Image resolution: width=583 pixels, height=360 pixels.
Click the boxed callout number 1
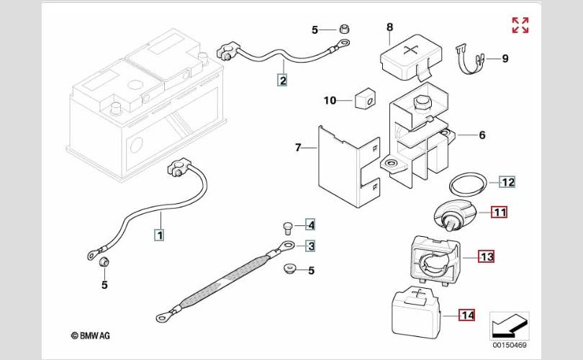[160, 235]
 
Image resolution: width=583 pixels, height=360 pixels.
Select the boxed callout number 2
[283, 81]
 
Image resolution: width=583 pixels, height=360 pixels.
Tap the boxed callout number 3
[311, 246]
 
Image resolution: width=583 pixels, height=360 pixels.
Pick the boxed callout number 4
[311, 225]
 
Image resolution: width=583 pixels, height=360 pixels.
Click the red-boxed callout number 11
[500, 212]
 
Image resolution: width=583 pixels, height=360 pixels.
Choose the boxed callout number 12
[507, 182]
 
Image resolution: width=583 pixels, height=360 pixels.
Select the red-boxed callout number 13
[487, 257]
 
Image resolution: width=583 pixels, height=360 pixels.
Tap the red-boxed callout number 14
[467, 315]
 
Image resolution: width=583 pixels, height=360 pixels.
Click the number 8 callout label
[389, 27]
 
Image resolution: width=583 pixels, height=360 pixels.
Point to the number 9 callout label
[505, 58]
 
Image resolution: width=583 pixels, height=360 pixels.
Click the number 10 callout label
[330, 100]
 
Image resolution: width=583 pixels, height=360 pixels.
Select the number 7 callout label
[298, 148]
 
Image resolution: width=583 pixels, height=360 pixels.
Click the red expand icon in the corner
[520, 25]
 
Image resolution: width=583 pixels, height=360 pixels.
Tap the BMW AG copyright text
[91, 336]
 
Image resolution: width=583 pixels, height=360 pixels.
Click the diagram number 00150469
[510, 345]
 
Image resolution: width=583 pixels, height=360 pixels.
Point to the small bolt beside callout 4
[288, 228]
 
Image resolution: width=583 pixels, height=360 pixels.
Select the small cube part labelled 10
[365, 99]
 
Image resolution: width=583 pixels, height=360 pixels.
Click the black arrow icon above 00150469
[509, 325]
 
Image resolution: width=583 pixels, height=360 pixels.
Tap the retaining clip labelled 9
[469, 60]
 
